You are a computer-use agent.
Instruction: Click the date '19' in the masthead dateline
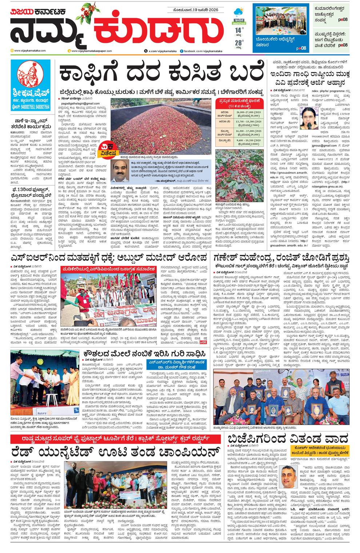click(197, 10)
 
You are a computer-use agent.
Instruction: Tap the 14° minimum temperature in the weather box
click(238, 30)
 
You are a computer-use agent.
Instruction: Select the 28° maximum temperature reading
click(239, 43)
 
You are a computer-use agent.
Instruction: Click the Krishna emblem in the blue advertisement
click(30, 73)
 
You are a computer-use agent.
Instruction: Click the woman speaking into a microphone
click(309, 118)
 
